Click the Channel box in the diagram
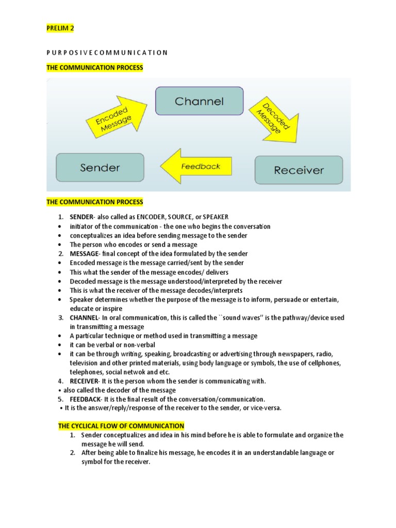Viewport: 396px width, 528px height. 199,101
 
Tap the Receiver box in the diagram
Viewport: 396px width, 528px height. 299,170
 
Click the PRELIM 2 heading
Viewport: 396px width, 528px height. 60,29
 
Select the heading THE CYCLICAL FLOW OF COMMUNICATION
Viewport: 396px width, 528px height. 121,426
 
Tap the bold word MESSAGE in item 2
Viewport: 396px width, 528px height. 84,254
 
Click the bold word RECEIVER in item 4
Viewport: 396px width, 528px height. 84,381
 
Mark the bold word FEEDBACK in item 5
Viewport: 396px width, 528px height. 85,399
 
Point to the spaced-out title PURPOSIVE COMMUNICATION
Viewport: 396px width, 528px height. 107,52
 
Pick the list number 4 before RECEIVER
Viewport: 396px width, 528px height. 60,381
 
